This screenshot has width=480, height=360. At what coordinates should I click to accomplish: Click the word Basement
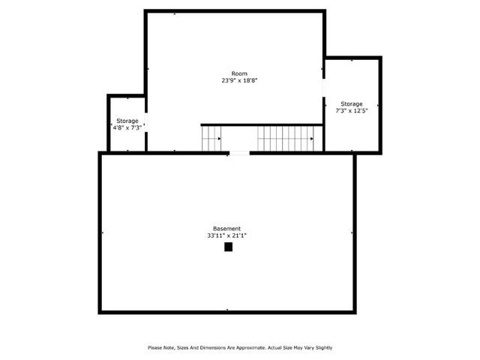pos(226,228)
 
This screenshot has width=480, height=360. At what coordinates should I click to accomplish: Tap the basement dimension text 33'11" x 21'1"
pos(226,235)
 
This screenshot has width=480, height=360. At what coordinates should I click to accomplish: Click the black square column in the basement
pos(229,246)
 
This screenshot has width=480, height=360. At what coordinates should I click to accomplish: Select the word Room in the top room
pos(239,73)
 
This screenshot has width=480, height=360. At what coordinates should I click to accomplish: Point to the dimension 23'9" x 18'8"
pos(239,80)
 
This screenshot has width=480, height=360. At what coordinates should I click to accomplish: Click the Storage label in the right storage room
pos(352,103)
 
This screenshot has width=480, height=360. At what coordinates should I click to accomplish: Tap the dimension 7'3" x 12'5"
pos(352,110)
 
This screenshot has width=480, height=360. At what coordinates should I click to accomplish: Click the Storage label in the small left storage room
pos(127,121)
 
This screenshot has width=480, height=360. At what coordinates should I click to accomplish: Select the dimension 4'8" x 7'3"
pos(127,127)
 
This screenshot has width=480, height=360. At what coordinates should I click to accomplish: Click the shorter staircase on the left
pos(211,139)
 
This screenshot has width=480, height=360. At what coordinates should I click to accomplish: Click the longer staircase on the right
pos(285,139)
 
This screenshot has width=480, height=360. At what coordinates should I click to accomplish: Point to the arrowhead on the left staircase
pos(219,139)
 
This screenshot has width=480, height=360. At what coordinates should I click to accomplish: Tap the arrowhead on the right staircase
pos(313,139)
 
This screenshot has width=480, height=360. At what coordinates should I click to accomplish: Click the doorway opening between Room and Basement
pos(239,153)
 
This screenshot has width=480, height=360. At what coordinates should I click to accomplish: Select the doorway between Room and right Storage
pos(324,88)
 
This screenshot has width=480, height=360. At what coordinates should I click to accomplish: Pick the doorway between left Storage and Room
pos(145,122)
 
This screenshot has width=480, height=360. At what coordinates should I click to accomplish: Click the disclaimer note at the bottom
pos(239,347)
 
